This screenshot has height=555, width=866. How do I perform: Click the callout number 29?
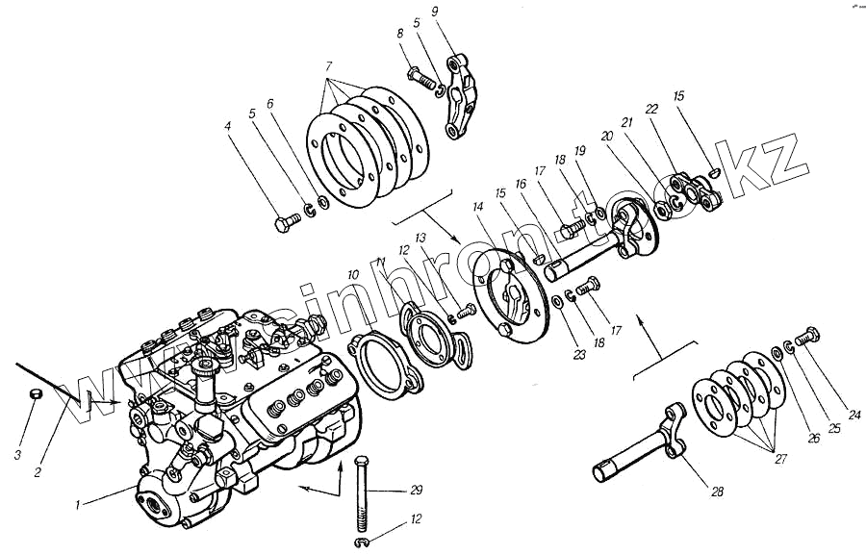[x=416, y=491]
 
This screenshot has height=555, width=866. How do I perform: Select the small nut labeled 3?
[x=34, y=394]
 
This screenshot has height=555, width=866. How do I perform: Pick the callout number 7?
[x=329, y=68]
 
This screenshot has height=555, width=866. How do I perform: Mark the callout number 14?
[x=478, y=207]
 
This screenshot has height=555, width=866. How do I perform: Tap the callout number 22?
[x=652, y=110]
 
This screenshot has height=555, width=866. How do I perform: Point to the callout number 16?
[x=521, y=183]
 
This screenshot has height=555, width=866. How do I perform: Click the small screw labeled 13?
[x=466, y=311]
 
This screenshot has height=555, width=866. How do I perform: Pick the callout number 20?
[x=606, y=138]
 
